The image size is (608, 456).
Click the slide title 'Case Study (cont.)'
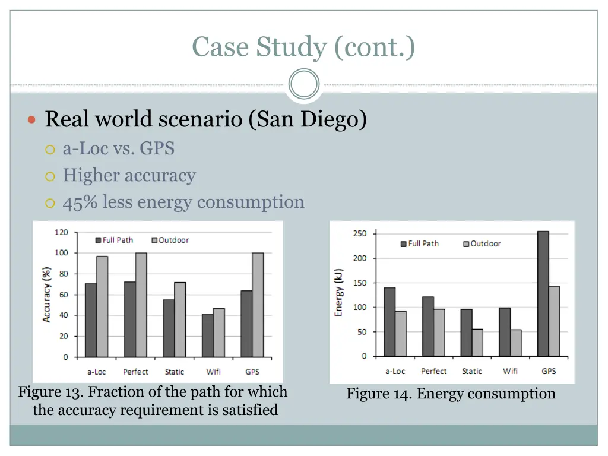click(303, 47)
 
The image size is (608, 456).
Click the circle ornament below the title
click(303, 84)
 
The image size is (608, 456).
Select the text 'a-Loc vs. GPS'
click(119, 148)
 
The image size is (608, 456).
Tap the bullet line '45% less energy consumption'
click(183, 202)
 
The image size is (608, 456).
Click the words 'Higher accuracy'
click(129, 175)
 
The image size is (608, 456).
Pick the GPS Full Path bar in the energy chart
click(543, 293)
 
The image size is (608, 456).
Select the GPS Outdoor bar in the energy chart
click(555, 321)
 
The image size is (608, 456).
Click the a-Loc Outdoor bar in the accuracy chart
click(102, 306)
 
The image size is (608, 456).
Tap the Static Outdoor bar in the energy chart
click(477, 343)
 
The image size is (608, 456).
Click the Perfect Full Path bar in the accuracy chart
click(129, 319)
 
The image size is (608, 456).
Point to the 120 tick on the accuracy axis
click(62, 232)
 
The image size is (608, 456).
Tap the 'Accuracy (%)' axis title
click(46, 294)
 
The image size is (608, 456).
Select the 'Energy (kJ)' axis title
click(339, 293)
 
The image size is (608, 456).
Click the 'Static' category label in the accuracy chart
click(174, 372)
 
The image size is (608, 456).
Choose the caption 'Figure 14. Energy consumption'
click(451, 394)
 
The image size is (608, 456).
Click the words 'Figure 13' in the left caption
click(50, 392)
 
